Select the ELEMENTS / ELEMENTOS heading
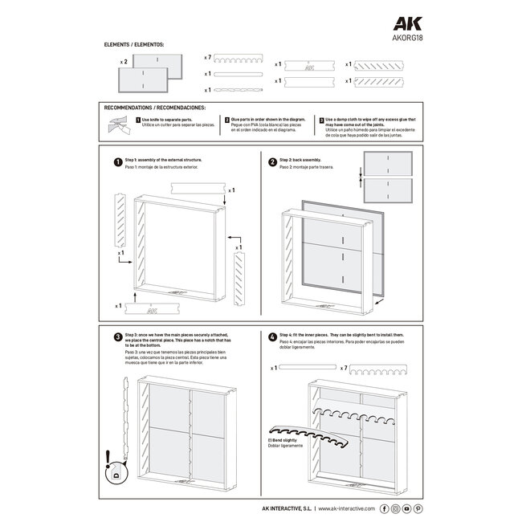pyautogui.click(x=134, y=46)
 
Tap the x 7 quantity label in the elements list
pyautogui.click(x=207, y=58)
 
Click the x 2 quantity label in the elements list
pyautogui.click(x=124, y=62)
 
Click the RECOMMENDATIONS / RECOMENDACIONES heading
pyautogui.click(x=155, y=107)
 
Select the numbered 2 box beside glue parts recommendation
pyautogui.click(x=227, y=119)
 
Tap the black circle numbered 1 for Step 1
pyautogui.click(x=117, y=161)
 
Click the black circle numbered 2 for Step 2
pyautogui.click(x=272, y=161)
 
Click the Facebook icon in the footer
pyautogui.click(x=384, y=508)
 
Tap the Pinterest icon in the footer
pyautogui.click(x=418, y=508)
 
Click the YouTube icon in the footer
pyautogui.click(x=406, y=508)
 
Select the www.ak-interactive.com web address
pyautogui.click(x=347, y=508)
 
